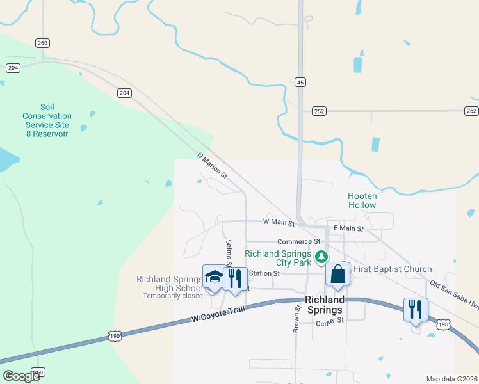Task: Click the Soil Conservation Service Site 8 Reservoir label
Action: (x=47, y=120)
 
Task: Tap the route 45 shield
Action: (x=300, y=82)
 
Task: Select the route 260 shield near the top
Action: (x=42, y=43)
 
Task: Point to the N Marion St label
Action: (x=212, y=165)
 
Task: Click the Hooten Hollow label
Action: (x=362, y=200)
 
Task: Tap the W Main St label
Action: (x=278, y=222)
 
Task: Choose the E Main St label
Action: (x=348, y=228)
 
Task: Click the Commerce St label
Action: (x=298, y=241)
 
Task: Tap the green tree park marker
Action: (x=321, y=257)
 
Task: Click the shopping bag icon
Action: (x=337, y=275)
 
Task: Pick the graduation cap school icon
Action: (x=214, y=277)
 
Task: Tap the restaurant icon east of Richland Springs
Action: (x=416, y=310)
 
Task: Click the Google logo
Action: (x=22, y=376)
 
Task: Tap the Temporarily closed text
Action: (x=173, y=296)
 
